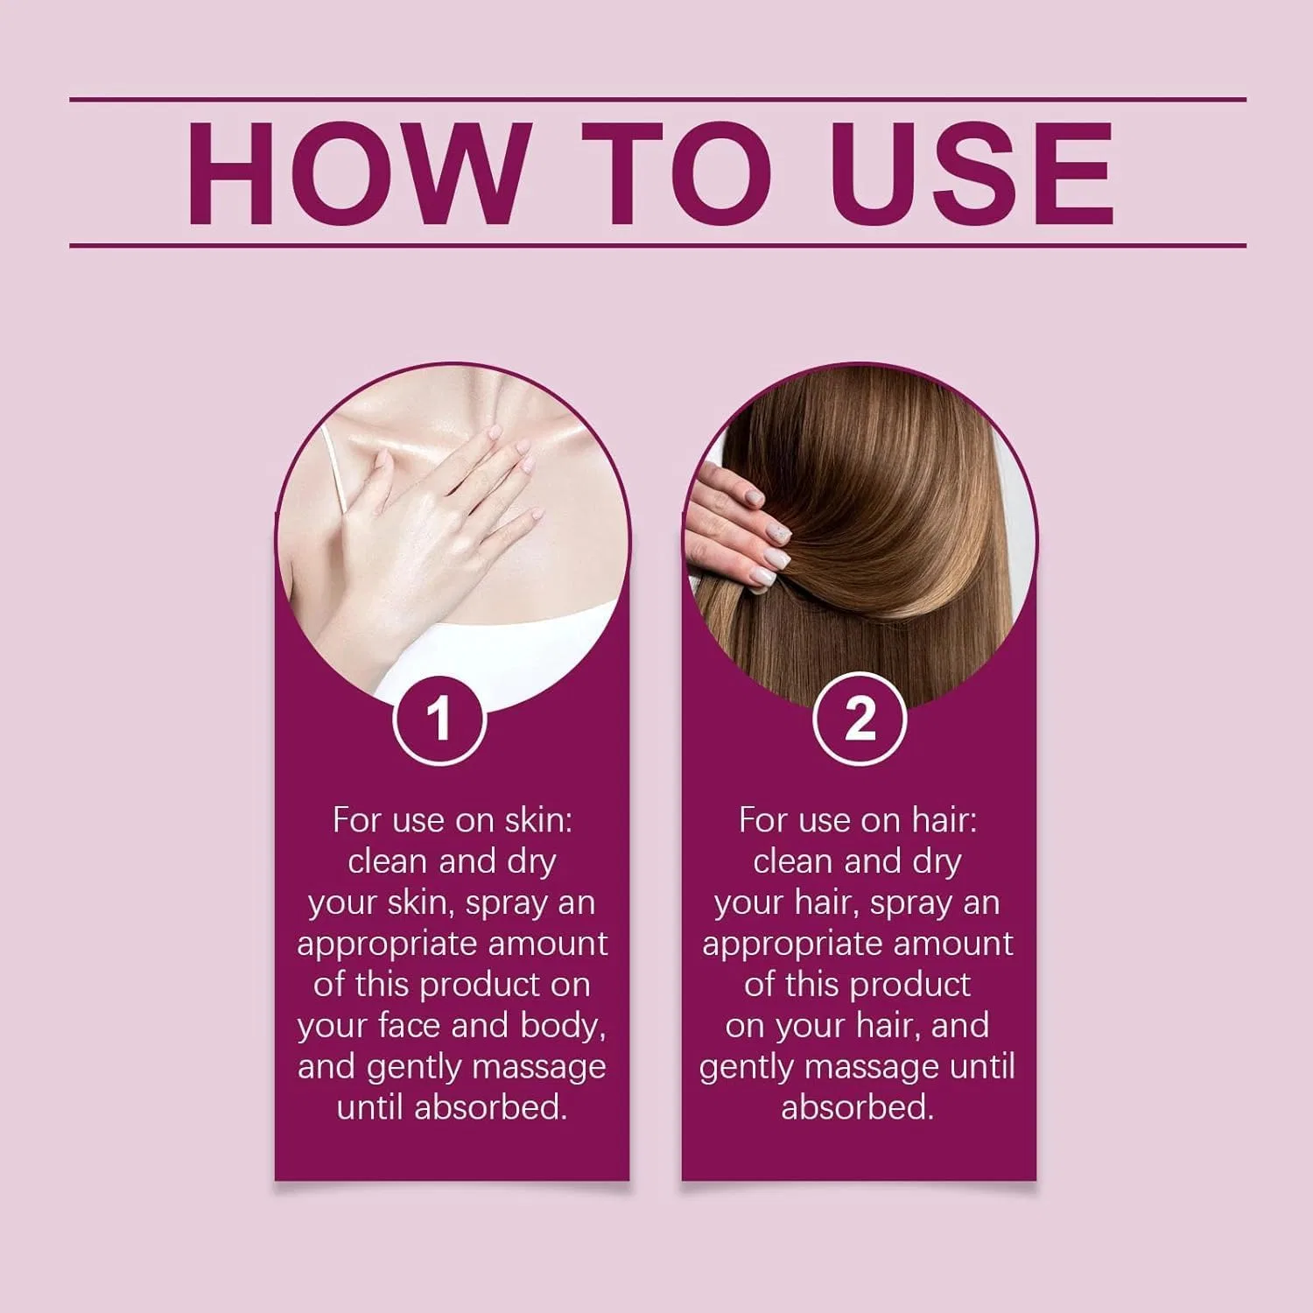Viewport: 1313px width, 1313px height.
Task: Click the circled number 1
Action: (x=439, y=719)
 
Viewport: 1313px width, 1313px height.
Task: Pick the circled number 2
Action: (x=859, y=719)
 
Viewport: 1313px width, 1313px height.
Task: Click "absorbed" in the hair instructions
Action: (x=857, y=1107)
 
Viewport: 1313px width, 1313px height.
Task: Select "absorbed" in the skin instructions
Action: (x=491, y=1107)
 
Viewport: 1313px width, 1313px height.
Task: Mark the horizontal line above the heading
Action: (x=657, y=100)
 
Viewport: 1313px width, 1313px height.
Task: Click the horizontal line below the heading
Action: (x=657, y=245)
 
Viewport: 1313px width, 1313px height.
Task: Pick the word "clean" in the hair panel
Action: (x=792, y=862)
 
